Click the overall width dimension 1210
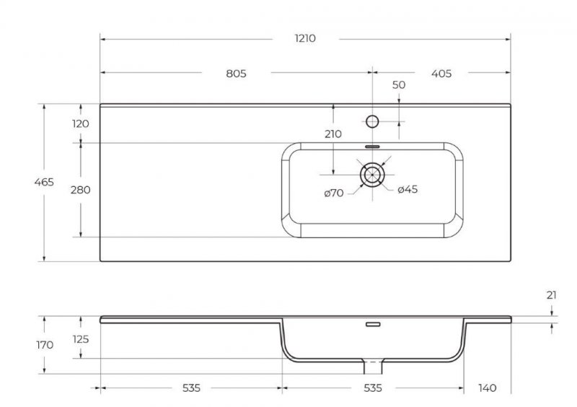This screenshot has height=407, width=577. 305,38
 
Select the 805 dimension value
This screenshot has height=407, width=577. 236,73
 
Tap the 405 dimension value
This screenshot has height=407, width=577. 441,73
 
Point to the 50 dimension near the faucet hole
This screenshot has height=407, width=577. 399,85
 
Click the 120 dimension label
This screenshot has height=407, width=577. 81,123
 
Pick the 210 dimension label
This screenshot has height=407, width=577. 333,134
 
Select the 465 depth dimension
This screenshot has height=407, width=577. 45,183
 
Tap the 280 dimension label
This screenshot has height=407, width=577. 81,190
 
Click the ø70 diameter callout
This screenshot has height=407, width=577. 333,192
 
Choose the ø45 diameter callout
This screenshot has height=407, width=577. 408,189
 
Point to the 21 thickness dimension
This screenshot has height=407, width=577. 552,294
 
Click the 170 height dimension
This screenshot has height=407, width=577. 45,345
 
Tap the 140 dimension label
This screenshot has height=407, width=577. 488,388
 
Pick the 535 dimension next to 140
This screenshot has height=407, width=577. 372,388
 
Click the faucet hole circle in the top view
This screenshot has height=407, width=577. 372,121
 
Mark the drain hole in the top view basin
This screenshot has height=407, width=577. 372,174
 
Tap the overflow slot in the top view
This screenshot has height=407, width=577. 372,146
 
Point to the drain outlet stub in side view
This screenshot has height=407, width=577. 372,367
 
